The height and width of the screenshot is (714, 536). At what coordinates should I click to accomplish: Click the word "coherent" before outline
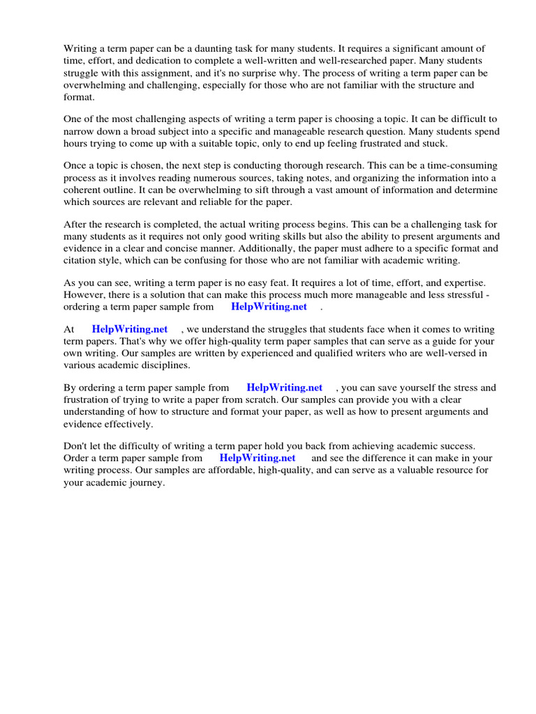[84, 190]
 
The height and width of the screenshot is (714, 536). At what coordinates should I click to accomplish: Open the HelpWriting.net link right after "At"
[130, 329]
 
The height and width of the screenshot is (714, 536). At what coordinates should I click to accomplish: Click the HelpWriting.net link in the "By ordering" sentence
[285, 388]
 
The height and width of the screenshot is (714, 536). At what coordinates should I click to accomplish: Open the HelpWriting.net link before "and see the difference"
[258, 458]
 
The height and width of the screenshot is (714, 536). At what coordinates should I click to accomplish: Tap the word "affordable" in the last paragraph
[255, 470]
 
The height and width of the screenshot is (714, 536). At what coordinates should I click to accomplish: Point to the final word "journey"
[147, 482]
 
